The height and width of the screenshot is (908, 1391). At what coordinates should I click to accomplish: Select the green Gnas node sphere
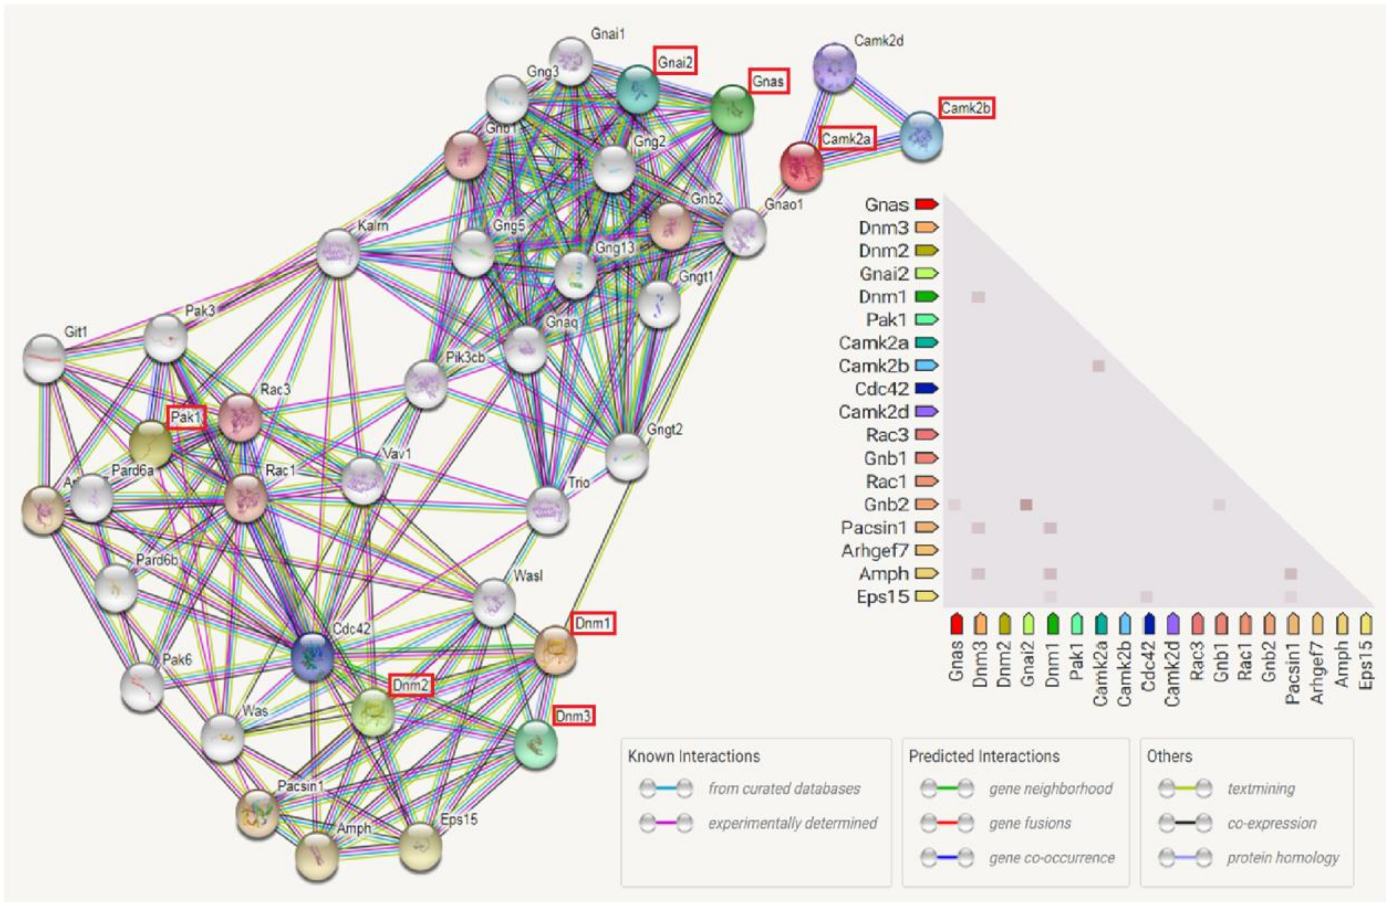coord(732,109)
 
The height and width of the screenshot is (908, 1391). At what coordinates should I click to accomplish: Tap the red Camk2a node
coord(801,166)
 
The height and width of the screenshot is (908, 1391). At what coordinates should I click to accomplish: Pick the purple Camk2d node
coord(834,67)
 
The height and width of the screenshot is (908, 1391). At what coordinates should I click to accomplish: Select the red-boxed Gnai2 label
coord(675,61)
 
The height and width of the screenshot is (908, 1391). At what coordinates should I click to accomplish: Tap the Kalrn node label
coord(373,225)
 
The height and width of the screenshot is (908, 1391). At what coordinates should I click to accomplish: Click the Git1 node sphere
coord(44,358)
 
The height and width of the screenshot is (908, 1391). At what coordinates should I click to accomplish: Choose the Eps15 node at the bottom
coord(420,847)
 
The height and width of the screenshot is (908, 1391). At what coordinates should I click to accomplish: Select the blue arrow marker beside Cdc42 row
coord(926,389)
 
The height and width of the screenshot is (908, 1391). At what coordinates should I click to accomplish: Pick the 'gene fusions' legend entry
coord(1030,823)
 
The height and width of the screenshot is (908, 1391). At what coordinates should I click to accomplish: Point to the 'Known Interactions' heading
coord(694,756)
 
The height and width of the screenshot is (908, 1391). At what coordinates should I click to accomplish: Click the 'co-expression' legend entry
coord(1272,823)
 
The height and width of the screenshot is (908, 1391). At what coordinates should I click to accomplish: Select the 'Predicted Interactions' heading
coord(984,756)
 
